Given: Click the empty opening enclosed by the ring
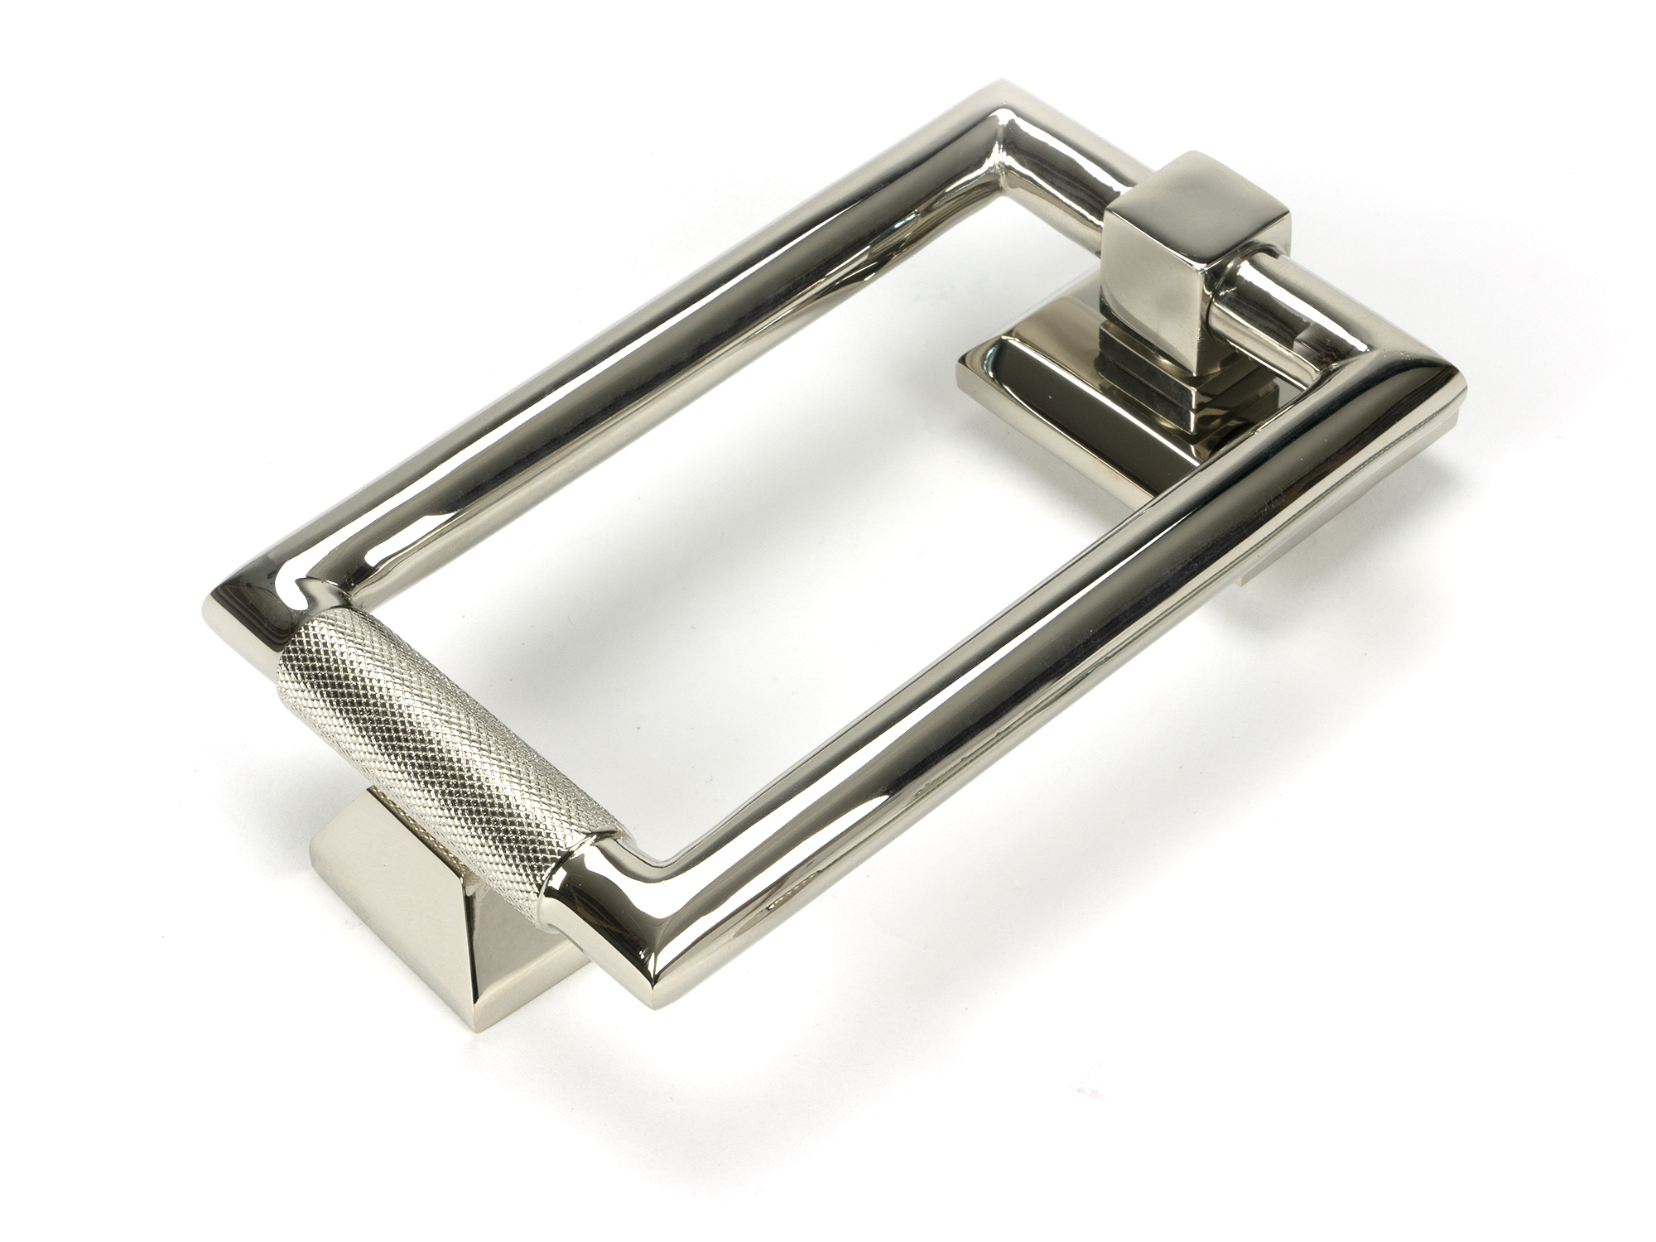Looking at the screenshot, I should pyautogui.click(x=745, y=497).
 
